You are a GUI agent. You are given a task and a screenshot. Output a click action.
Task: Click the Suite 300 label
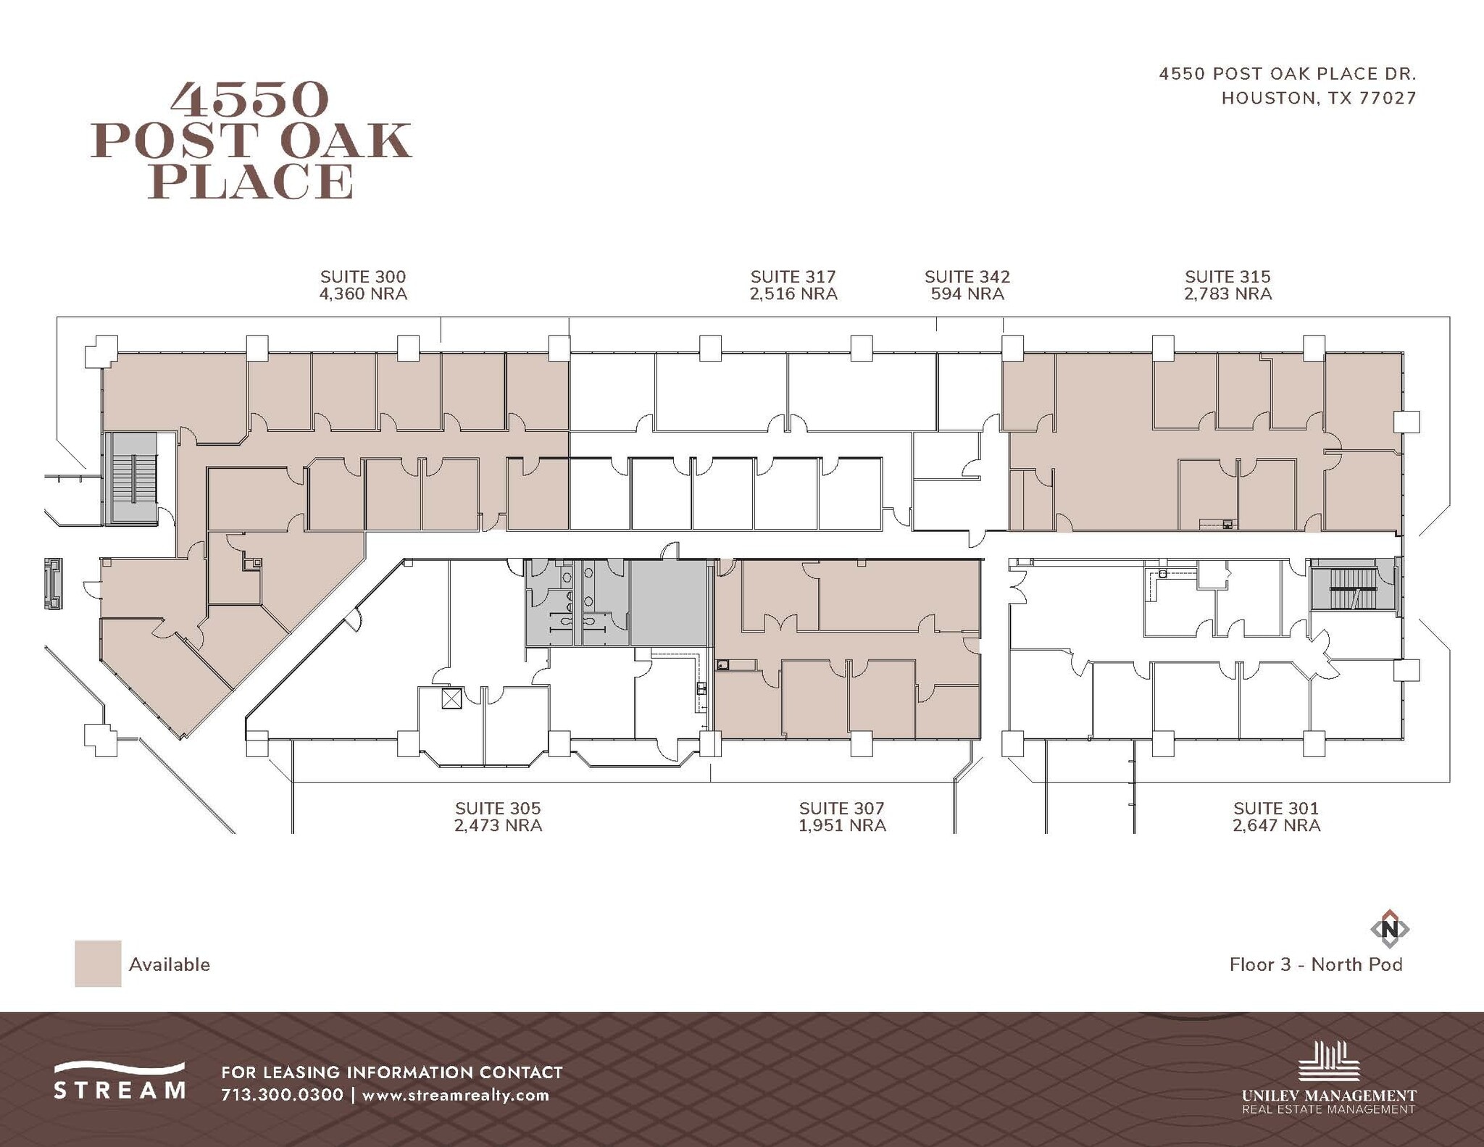click(x=363, y=277)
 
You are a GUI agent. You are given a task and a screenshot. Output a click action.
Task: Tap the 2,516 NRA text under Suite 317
click(x=793, y=294)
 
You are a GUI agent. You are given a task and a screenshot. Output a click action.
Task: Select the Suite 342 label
click(x=967, y=277)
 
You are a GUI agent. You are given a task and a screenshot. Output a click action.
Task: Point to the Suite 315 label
click(x=1227, y=277)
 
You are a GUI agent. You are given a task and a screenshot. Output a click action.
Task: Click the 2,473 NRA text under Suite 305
click(x=498, y=826)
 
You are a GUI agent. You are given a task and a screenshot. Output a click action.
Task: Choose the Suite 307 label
click(x=841, y=809)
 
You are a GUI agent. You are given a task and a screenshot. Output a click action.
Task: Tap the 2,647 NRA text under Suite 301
click(x=1276, y=826)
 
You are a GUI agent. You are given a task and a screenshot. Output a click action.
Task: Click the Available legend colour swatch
click(x=98, y=964)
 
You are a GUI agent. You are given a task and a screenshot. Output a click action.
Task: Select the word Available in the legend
click(x=170, y=964)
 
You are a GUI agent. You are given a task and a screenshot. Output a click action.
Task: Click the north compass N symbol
click(x=1390, y=929)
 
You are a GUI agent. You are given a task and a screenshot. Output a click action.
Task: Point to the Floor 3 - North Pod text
click(x=1316, y=964)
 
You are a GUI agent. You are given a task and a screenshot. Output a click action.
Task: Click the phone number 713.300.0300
click(x=282, y=1095)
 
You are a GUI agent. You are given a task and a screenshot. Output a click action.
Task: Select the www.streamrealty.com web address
click(x=456, y=1095)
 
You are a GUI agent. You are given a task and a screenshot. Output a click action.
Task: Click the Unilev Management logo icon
click(x=1328, y=1062)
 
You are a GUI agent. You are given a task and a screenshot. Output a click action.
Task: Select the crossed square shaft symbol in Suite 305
click(x=451, y=698)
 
